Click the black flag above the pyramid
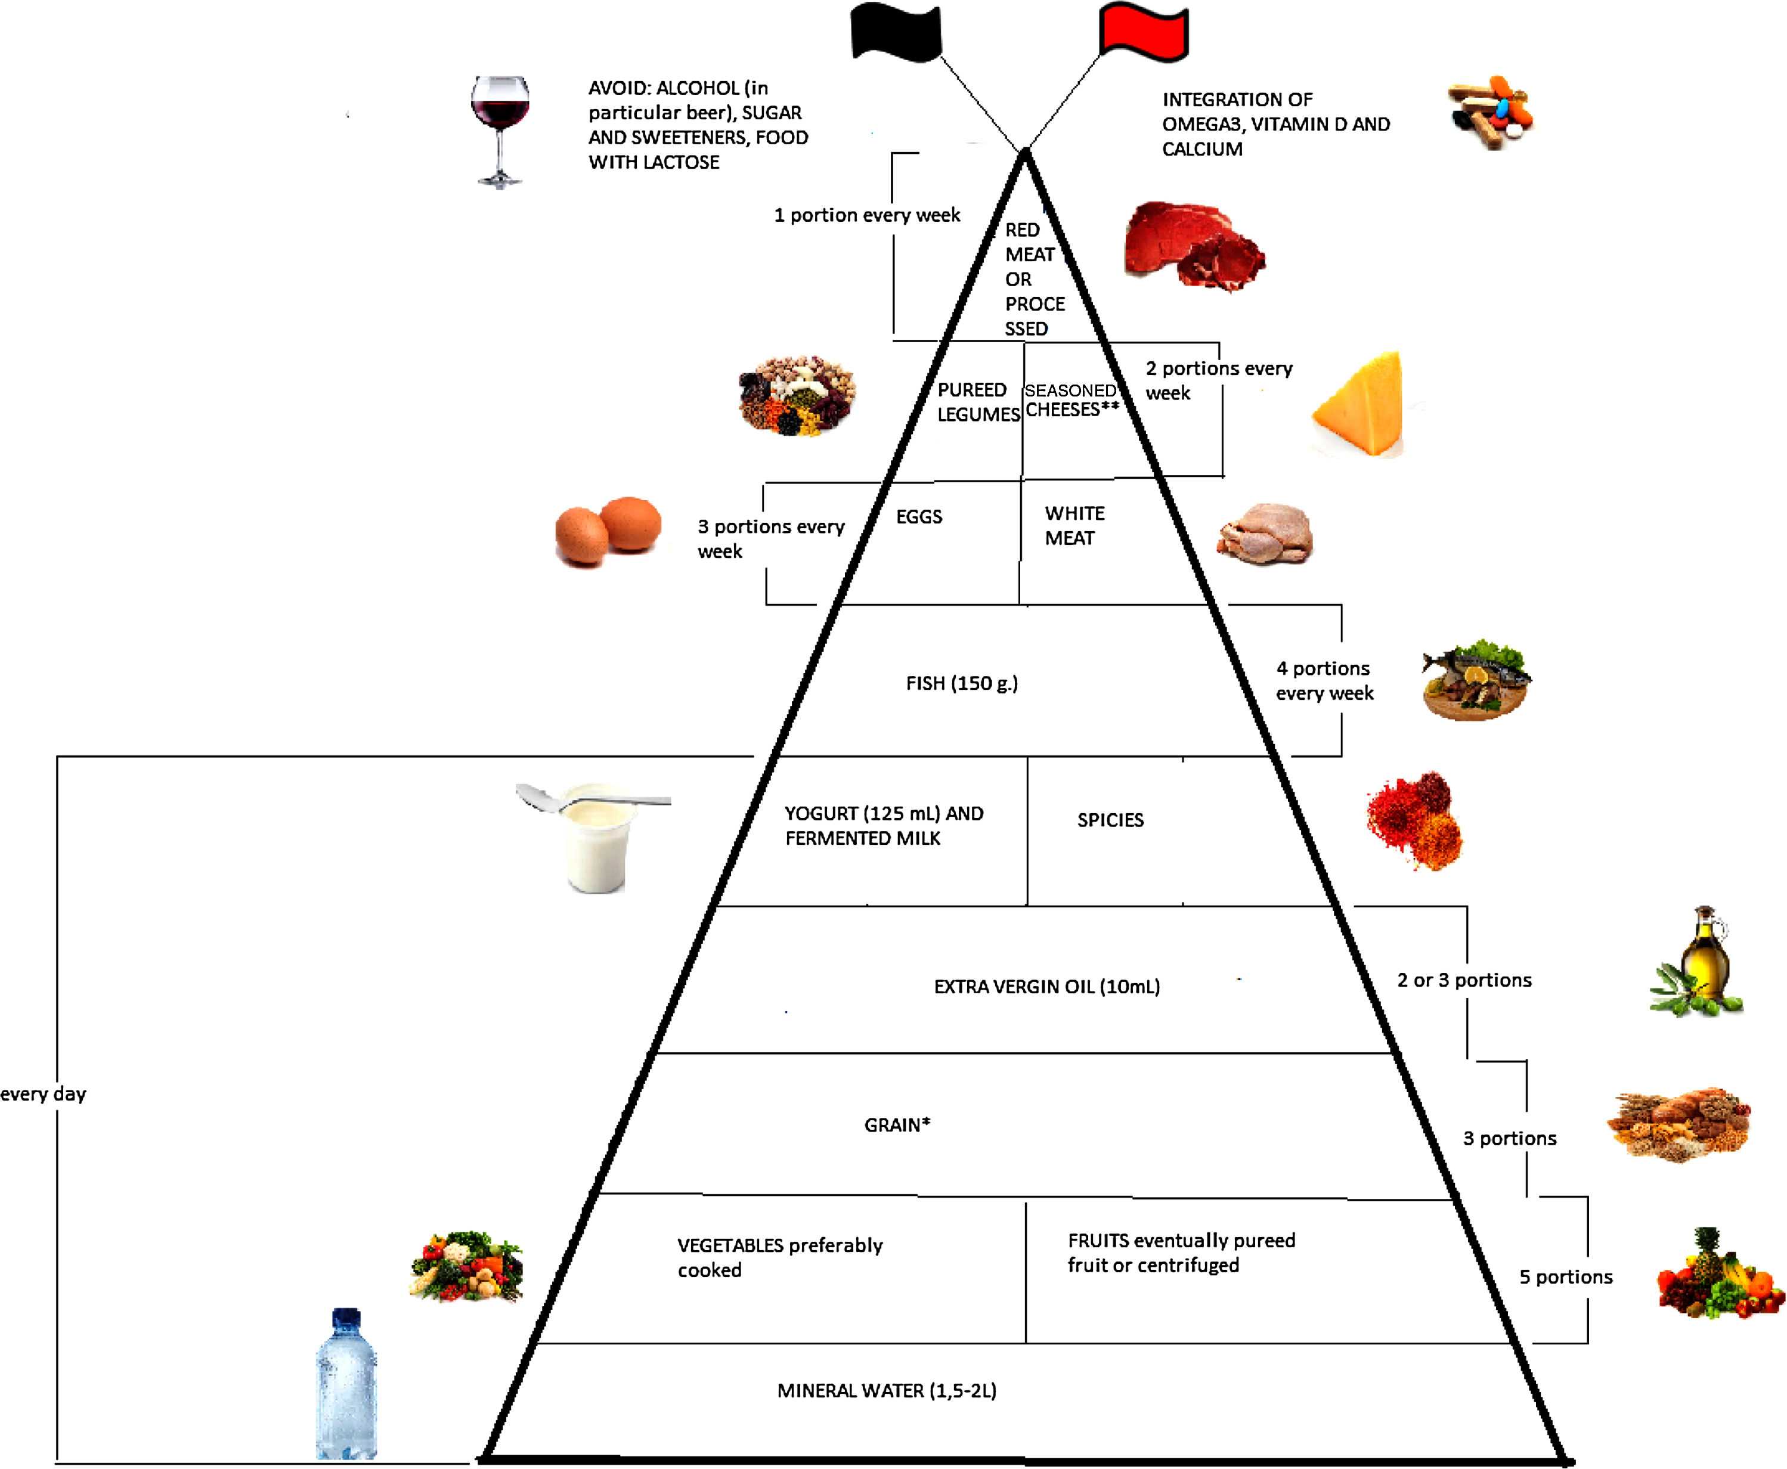(x=895, y=32)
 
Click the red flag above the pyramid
(x=1143, y=32)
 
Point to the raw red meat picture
(x=1193, y=246)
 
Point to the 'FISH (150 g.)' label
(x=962, y=683)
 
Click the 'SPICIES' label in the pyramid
(x=1110, y=820)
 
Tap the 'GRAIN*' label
(x=897, y=1124)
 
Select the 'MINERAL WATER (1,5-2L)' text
(x=887, y=1390)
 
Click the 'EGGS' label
(x=919, y=516)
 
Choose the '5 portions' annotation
(x=1565, y=1277)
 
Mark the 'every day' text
(x=43, y=1094)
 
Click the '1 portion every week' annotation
(x=866, y=215)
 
